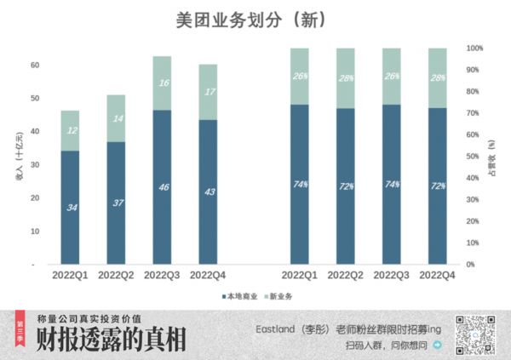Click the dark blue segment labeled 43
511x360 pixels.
(208, 191)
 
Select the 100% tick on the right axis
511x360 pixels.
(475, 49)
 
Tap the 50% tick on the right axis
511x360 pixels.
(475, 157)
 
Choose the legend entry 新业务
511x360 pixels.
(278, 296)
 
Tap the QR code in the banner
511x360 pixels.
(476, 334)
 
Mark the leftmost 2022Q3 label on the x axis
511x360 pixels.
(162, 276)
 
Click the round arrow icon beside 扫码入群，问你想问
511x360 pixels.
(438, 346)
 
